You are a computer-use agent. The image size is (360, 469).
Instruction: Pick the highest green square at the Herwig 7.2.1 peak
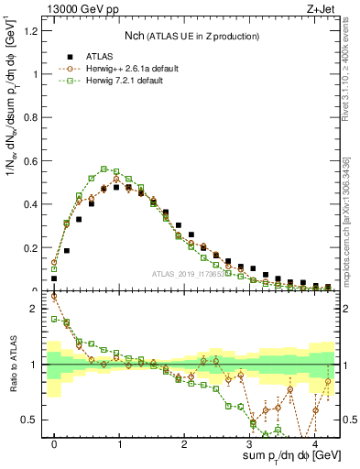click(x=104, y=169)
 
